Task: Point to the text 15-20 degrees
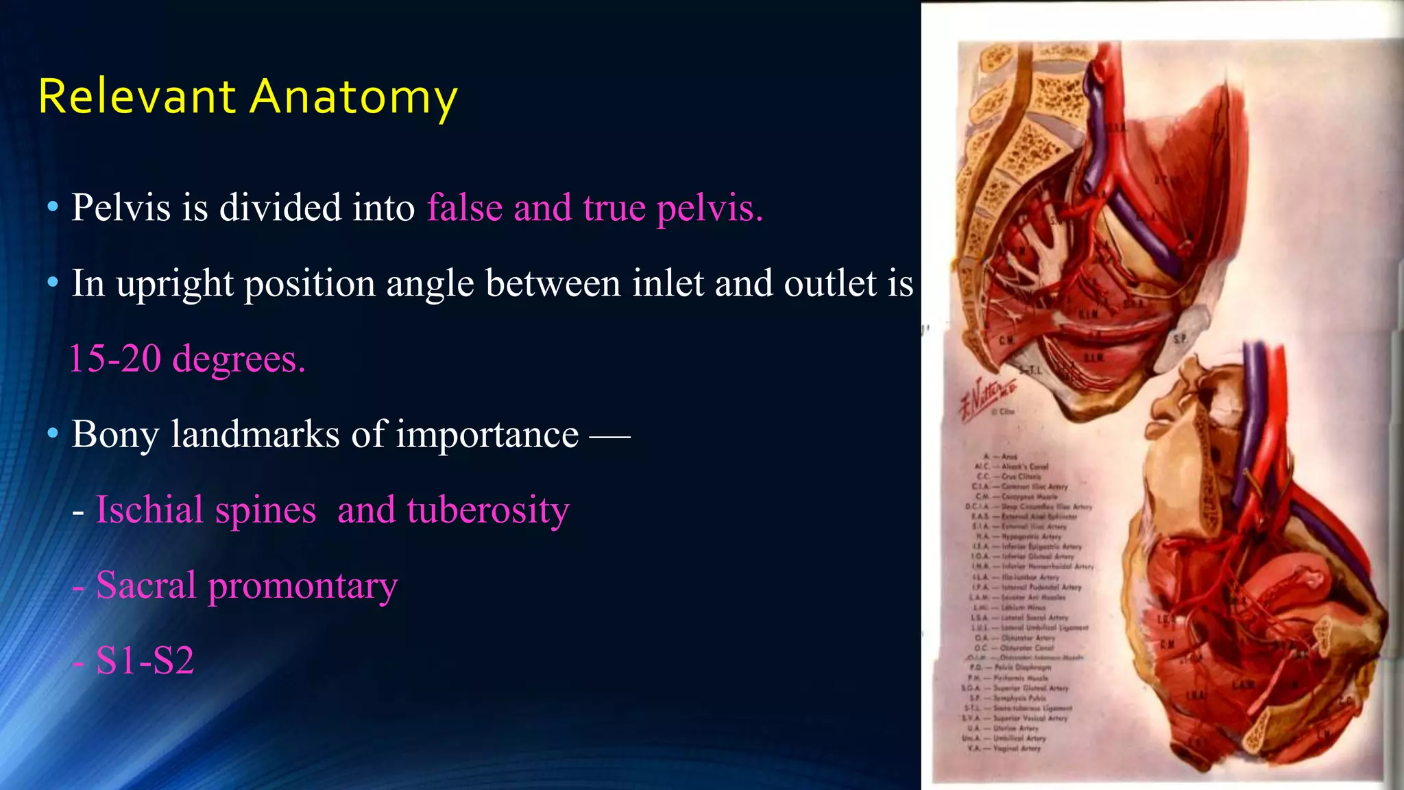click(x=187, y=359)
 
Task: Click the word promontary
click(x=302, y=585)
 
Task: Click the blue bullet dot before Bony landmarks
click(x=53, y=434)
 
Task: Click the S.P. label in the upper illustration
click(x=1179, y=339)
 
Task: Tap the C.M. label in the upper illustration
click(x=1006, y=340)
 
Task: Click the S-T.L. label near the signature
click(x=1030, y=370)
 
